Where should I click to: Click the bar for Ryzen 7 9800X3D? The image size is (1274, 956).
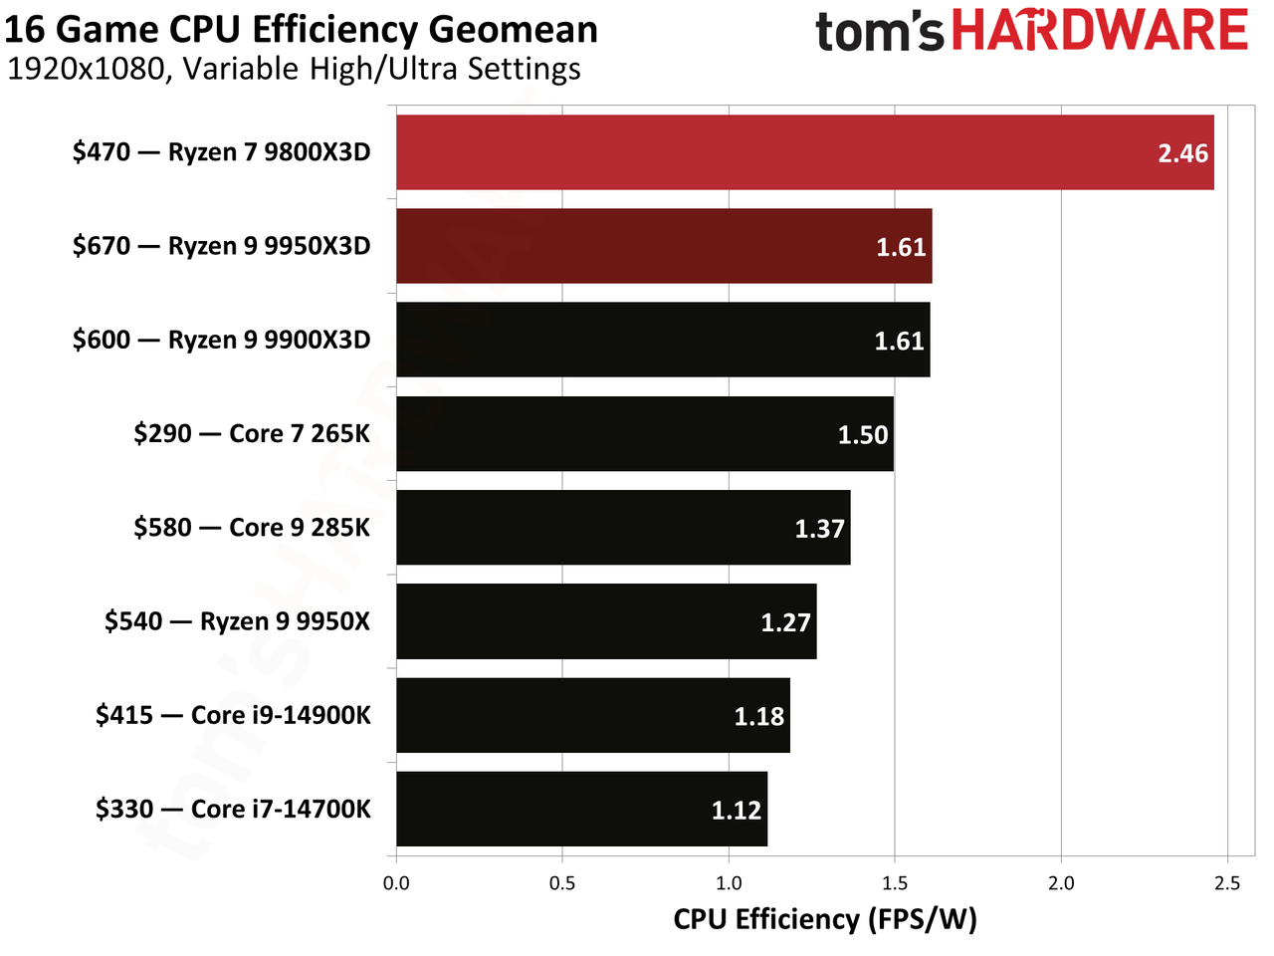[x=804, y=152]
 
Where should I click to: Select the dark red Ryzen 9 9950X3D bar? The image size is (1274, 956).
[x=664, y=246]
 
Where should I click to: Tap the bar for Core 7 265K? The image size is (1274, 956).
[x=645, y=433]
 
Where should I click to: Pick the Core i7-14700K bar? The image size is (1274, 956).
[x=581, y=809]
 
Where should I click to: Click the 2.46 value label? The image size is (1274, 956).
[x=1182, y=153]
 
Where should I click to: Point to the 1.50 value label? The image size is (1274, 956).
[x=863, y=435]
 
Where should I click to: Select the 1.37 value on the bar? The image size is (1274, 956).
[x=819, y=529]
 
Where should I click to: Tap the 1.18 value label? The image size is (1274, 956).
[x=759, y=716]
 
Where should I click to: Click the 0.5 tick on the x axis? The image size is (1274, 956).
[x=561, y=883]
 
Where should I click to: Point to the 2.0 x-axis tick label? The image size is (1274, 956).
[x=1061, y=883]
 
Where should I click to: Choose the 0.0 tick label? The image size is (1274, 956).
[x=396, y=883]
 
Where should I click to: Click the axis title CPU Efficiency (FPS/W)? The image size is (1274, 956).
[x=825, y=920]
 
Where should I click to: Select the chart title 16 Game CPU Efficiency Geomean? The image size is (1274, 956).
[x=301, y=29]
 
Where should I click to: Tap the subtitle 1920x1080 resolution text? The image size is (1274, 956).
[x=87, y=69]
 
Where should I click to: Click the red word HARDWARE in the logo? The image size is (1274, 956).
[x=1099, y=29]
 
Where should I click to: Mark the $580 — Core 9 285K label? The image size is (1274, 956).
[x=252, y=528]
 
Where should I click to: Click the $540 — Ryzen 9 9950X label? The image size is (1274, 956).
[x=238, y=621]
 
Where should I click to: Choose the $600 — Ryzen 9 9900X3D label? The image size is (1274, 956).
[x=221, y=340]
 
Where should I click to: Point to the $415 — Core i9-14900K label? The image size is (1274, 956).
[x=233, y=715]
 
